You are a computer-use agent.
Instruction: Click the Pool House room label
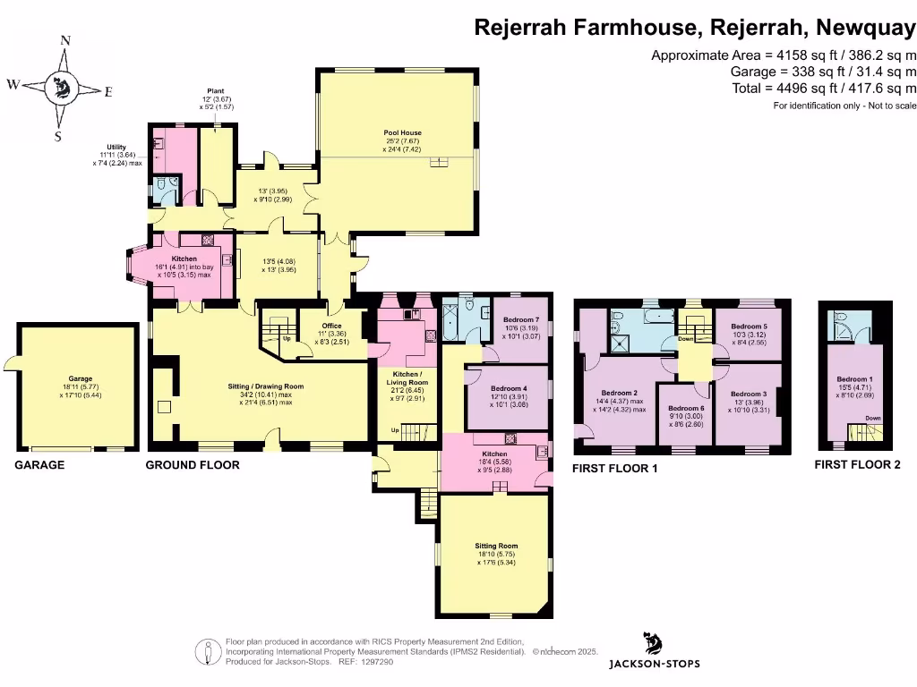click(x=402, y=132)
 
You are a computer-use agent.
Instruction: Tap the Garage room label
click(x=81, y=378)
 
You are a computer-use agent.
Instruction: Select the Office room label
click(x=331, y=325)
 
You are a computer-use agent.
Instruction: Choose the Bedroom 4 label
click(x=509, y=387)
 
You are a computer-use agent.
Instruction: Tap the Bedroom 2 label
click(x=619, y=393)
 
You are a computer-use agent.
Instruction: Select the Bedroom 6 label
click(x=689, y=408)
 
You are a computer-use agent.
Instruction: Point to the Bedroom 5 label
click(x=749, y=327)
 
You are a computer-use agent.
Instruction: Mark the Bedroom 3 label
click(x=749, y=394)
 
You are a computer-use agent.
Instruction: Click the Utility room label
click(x=116, y=147)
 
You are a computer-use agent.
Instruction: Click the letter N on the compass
click(x=64, y=40)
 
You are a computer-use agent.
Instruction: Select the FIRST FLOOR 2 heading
click(x=858, y=465)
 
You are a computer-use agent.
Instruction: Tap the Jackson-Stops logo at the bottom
click(x=654, y=651)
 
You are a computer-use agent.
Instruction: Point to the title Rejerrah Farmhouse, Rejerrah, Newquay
click(x=694, y=28)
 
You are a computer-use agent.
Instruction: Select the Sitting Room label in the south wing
click(x=495, y=545)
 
